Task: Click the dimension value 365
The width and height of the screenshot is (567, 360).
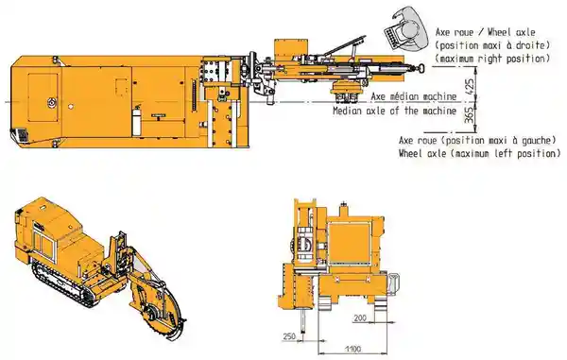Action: (x=470, y=115)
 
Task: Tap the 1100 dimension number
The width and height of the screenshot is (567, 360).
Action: (x=352, y=350)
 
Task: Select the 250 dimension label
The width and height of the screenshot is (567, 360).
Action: (x=289, y=336)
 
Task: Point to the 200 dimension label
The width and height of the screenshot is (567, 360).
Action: (x=360, y=317)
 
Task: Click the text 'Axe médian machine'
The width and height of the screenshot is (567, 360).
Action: (x=414, y=97)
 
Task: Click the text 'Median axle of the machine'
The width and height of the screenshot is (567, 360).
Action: (x=394, y=111)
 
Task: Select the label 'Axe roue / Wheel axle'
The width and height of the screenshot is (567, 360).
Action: (x=486, y=32)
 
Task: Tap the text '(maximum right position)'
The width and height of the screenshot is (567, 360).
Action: (x=492, y=59)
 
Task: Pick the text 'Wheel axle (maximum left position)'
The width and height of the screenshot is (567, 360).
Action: (x=480, y=153)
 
